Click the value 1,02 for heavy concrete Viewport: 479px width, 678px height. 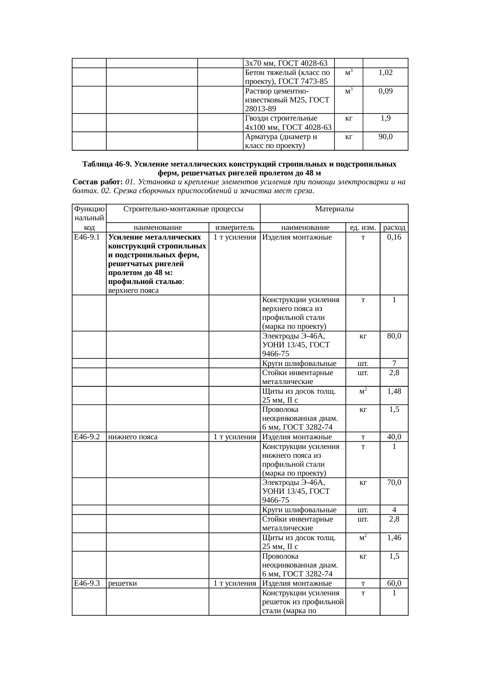tap(385, 73)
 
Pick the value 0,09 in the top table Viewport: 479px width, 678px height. tap(385, 91)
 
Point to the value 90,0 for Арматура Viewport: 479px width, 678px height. tap(385, 137)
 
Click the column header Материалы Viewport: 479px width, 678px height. tap(334, 209)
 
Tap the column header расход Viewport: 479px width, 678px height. tap(394, 228)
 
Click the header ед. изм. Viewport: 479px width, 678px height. tap(363, 228)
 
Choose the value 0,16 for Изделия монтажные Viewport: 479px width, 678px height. tap(394, 237)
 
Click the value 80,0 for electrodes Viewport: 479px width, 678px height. tap(394, 336)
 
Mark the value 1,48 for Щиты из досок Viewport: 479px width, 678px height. tap(394, 391)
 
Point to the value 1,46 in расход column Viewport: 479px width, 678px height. tap(394, 538)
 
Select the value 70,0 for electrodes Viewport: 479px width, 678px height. tap(394, 483)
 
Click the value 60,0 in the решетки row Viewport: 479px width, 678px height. tap(394, 583)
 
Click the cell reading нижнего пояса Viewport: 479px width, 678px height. tap(132, 437)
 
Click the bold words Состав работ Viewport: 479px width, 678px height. tap(98, 182)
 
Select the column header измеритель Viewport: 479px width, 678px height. tap(234, 228)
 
